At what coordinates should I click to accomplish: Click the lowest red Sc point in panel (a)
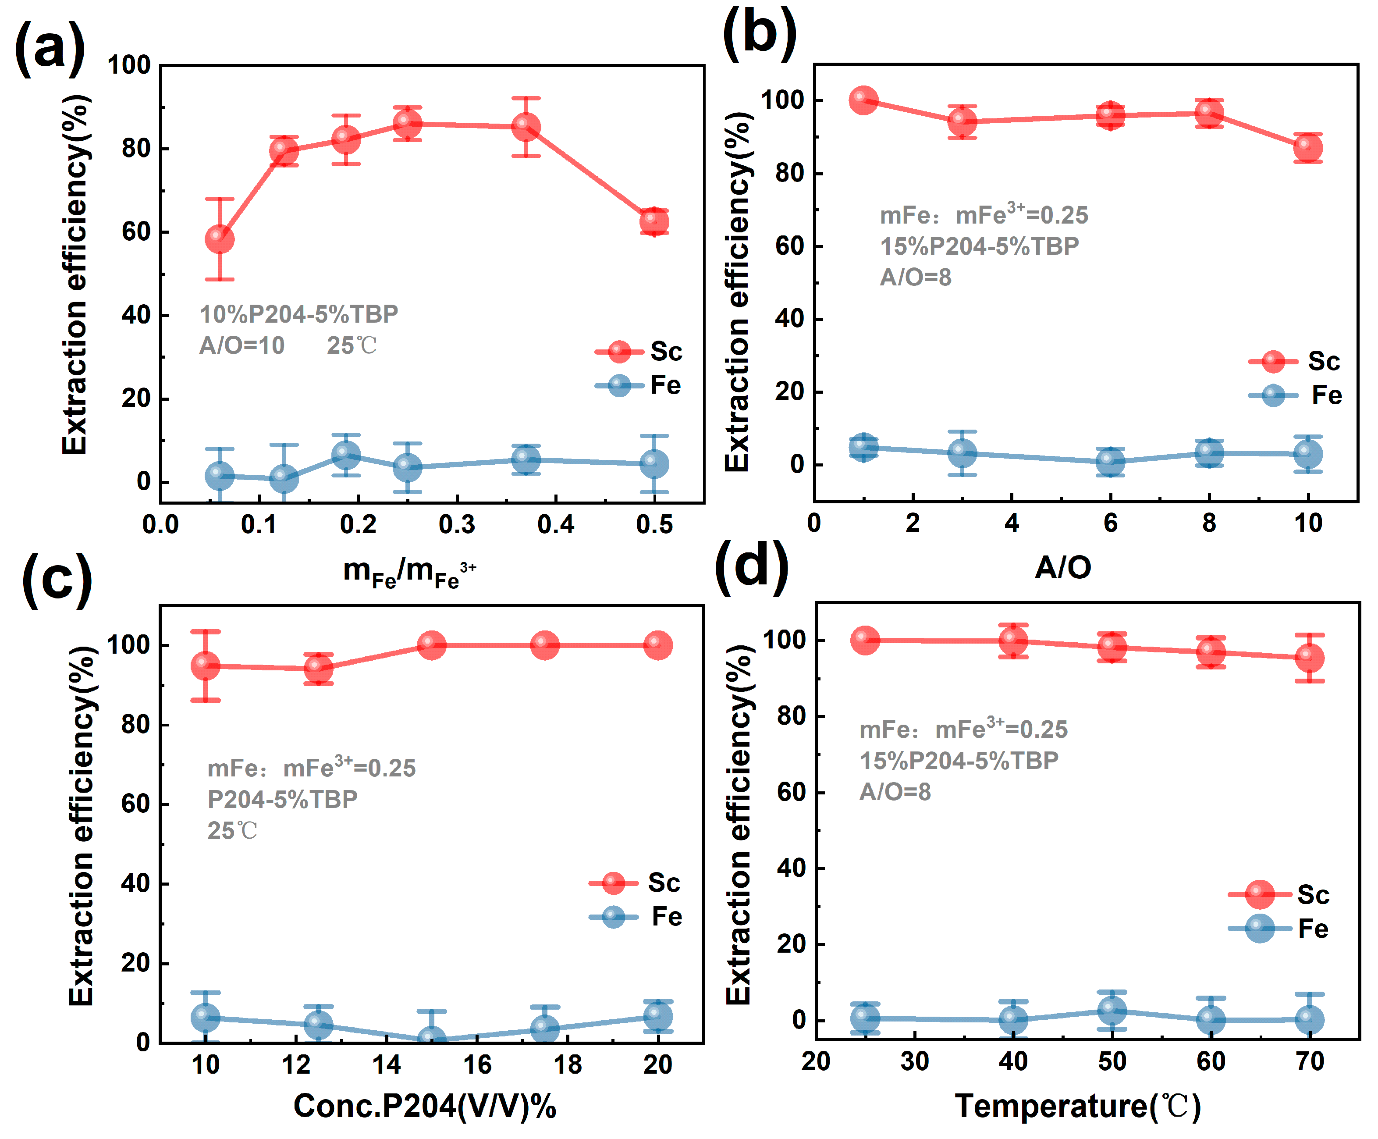220,239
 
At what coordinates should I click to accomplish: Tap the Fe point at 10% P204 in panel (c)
205,1018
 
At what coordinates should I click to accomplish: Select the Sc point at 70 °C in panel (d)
1309,658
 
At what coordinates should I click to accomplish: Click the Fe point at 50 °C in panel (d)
1112,1011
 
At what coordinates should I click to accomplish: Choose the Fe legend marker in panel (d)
1259,929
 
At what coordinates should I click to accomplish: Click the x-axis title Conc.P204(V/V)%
425,1106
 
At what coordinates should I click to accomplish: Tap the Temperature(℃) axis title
1078,1106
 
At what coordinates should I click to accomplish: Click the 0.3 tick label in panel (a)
457,525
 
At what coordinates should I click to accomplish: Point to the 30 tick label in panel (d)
914,1061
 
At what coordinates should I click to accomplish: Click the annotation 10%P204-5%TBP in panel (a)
298,314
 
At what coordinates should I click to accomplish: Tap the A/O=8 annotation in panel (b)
916,277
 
